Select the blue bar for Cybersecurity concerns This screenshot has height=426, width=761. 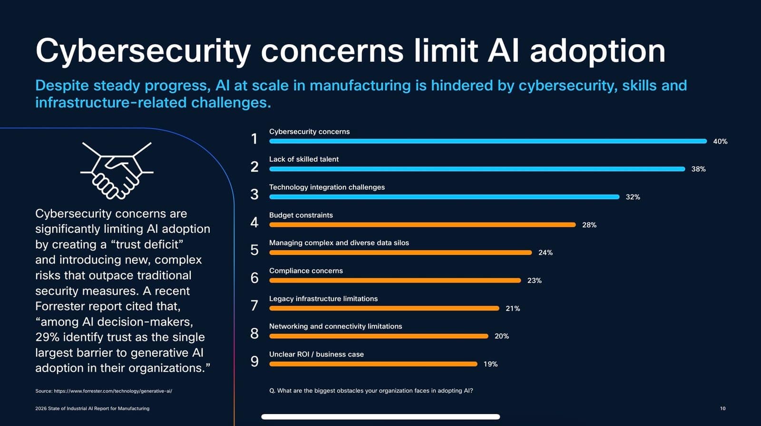coord(488,141)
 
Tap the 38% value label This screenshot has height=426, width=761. coord(698,169)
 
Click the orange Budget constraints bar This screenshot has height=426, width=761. coord(422,225)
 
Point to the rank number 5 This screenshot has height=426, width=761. coord(254,250)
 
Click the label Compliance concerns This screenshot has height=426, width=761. coord(306,271)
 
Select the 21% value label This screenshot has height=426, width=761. coord(513,309)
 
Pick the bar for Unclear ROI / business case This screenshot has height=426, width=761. coord(373,364)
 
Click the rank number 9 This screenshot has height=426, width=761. coord(254,362)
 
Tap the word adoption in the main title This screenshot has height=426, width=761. coord(597,51)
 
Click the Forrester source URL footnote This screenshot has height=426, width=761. coord(104,391)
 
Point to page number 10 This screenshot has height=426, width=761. coord(722,408)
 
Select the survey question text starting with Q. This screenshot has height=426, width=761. coord(371,391)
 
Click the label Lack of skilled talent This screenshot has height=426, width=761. coord(304,159)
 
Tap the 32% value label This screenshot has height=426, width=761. coord(633,197)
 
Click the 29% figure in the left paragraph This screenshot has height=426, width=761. coord(47,337)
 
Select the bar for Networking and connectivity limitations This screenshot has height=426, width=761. coord(379,336)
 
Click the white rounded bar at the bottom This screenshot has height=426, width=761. coord(380,417)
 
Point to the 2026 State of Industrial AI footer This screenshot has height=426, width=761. coord(92,408)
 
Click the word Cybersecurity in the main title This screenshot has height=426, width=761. coord(143,51)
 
